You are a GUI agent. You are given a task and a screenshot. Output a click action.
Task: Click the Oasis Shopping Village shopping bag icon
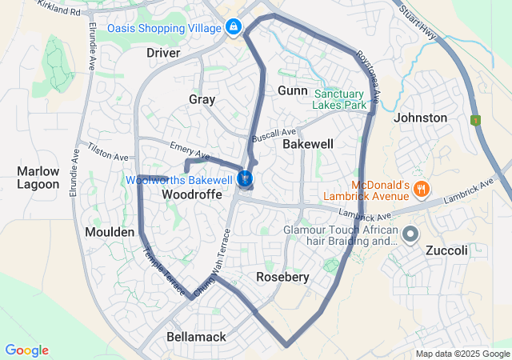pos(233,27)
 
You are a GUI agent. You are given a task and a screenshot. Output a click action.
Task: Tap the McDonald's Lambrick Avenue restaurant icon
pos(423,190)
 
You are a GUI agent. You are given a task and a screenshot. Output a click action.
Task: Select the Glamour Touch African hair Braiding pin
pos(410,234)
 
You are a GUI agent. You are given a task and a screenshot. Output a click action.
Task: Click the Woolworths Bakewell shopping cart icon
pos(246,178)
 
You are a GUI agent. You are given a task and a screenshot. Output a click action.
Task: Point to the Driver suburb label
pos(163,53)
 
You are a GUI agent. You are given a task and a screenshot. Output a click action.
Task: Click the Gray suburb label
pos(202,99)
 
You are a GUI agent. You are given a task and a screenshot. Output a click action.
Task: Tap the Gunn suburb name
pos(292,90)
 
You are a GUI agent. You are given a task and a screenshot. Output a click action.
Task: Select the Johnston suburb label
pos(421,118)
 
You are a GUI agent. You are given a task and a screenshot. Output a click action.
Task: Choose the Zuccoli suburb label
pos(446,250)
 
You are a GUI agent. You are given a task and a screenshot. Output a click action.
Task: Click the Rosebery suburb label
pos(282,277)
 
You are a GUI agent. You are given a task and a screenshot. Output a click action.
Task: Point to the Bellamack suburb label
pos(196,338)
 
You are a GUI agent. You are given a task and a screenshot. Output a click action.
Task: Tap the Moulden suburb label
pos(110,231)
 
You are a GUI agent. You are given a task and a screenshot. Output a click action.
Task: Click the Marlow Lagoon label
pos(38,178)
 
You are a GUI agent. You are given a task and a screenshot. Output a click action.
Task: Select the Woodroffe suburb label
pos(192,194)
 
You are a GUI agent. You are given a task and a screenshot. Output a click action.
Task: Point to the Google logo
pos(26,350)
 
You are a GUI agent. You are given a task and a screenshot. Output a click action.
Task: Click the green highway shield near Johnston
pos(477,120)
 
